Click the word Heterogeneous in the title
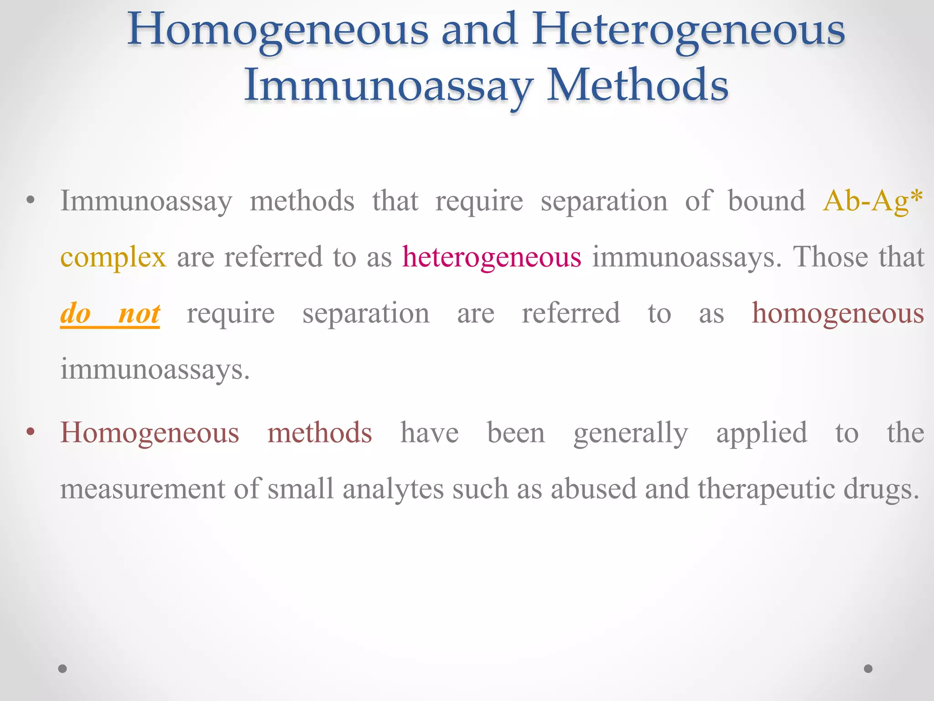[x=689, y=30]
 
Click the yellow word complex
[x=113, y=257]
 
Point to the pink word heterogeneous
[x=492, y=256]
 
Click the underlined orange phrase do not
[x=110, y=314]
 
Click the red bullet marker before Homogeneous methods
[x=31, y=431]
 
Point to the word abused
[x=593, y=488]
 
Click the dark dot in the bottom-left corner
[x=62, y=669]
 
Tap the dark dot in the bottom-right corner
[x=868, y=669]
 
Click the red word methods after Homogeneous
[x=319, y=433]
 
